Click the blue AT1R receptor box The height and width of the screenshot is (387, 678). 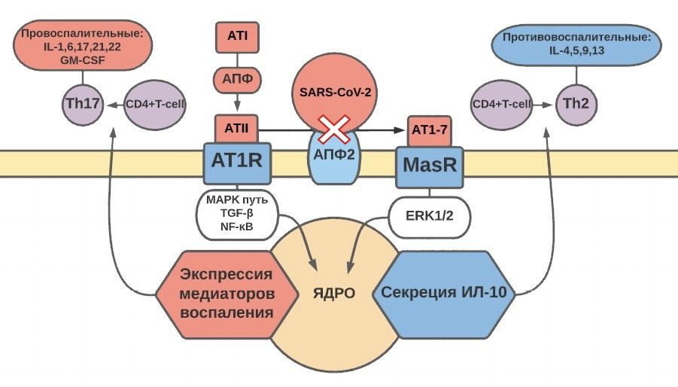pos(237,160)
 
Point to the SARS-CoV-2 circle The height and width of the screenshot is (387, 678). pos(334,93)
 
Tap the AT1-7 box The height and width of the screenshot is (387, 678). pos(430,130)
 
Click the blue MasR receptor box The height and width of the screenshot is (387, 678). pos(430,165)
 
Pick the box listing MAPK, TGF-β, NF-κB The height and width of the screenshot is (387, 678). pos(237,215)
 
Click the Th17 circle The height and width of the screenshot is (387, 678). pos(82,105)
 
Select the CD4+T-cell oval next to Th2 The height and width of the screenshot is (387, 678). pos(500,105)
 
